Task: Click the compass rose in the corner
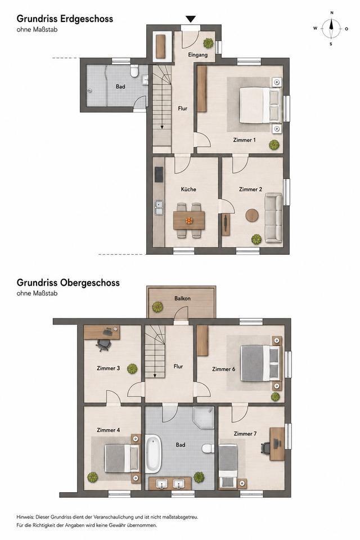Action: [331, 29]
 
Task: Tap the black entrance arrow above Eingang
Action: [191, 19]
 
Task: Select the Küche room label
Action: [188, 189]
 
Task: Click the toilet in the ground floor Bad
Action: [134, 71]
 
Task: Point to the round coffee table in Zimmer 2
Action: [252, 215]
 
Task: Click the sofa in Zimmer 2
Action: [273, 218]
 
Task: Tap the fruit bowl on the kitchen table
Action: [189, 220]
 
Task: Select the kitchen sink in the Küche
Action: [159, 208]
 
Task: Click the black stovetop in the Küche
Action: [159, 174]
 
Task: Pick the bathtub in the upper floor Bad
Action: [152, 453]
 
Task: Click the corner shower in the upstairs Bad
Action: [203, 417]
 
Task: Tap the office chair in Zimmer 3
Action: [103, 345]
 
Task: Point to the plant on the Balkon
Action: [157, 307]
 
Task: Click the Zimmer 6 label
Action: [223, 369]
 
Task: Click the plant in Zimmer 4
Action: [92, 478]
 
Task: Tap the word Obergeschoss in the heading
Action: [90, 283]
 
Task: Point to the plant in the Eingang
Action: [208, 43]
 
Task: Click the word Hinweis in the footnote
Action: [24, 517]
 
